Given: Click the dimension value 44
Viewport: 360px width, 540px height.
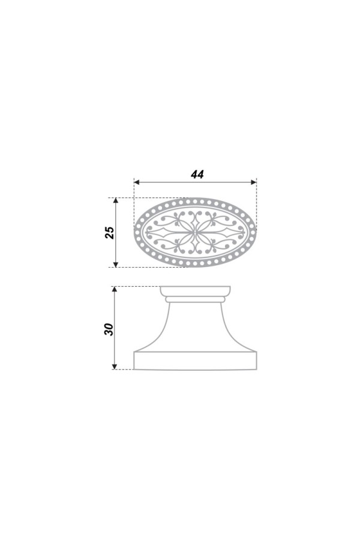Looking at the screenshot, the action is (197, 174).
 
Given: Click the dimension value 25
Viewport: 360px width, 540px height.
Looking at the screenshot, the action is (110, 232).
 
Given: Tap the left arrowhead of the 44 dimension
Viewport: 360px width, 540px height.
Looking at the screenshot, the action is (136, 182).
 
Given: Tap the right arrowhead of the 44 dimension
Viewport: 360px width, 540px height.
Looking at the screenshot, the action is (254, 182).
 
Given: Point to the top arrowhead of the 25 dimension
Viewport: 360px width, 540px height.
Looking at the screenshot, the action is (116, 200).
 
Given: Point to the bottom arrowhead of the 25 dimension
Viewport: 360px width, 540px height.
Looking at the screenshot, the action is (116, 264).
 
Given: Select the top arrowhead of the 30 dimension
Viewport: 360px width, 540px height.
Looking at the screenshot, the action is (115, 289).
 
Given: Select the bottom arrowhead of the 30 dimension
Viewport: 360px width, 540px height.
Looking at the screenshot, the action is (115, 367).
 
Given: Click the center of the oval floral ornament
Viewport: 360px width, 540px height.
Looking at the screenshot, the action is (196, 232).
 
